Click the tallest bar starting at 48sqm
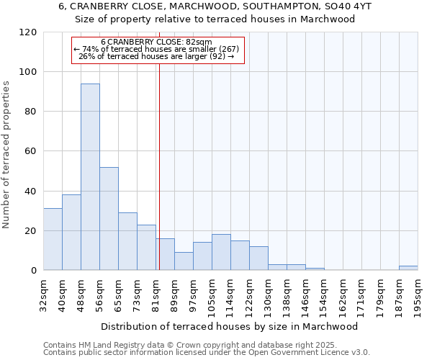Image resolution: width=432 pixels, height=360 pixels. tap(90, 177)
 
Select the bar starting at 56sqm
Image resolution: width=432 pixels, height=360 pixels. tap(109, 219)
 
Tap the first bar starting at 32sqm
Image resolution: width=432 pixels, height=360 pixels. tap(53, 239)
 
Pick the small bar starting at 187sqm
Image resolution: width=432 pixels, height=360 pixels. tap(408, 268)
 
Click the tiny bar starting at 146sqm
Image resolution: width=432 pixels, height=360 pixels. tap(315, 269)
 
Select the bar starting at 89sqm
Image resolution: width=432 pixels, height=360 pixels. tap(184, 261)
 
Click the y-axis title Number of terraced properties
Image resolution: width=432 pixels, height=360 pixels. tap(6, 155)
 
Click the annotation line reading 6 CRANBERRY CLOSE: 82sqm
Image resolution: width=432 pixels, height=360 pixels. tap(156, 42)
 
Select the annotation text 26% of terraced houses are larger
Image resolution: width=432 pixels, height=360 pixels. tap(156, 56)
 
